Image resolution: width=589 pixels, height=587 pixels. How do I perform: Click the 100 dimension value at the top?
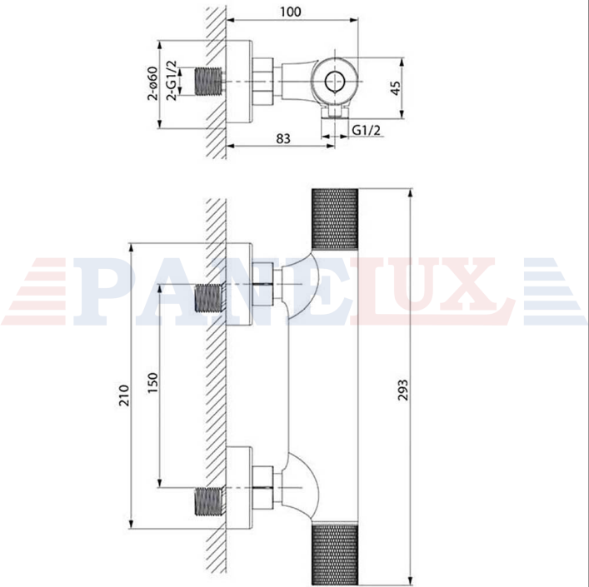291,12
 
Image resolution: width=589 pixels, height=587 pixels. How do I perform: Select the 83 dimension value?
283,138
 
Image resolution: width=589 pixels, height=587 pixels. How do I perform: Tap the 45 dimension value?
396,88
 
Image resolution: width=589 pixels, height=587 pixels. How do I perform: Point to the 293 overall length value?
402,390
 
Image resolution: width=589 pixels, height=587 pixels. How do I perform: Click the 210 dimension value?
124,395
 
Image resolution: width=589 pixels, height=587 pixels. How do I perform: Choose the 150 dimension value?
153,383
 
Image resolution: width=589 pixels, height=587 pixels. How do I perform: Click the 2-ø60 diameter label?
152,83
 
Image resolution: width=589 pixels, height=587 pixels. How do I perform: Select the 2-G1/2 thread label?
172,80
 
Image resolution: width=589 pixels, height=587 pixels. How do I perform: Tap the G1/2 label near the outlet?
367,130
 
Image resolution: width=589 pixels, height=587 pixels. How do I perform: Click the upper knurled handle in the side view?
335,219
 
